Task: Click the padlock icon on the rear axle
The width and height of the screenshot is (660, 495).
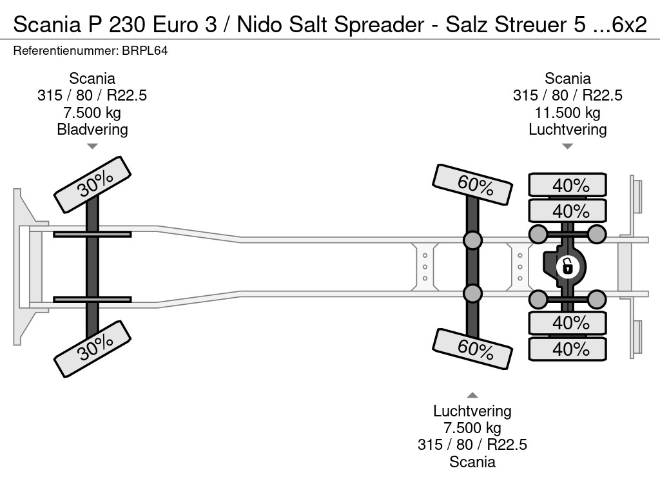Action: pos(567,267)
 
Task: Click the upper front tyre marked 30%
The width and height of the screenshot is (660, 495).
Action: pos(93,184)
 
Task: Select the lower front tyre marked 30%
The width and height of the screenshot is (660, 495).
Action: pos(93,349)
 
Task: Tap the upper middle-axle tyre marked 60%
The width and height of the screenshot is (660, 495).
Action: pos(472,184)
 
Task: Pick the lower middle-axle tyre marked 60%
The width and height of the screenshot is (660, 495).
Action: pos(472,349)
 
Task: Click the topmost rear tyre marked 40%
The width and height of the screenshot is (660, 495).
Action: pos(567,185)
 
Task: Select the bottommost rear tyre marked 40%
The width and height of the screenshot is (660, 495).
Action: pos(567,349)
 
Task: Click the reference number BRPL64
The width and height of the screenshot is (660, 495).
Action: pos(145,51)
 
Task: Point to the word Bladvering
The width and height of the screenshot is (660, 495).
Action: pos(93,130)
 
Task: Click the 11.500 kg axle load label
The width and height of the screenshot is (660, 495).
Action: pos(567,113)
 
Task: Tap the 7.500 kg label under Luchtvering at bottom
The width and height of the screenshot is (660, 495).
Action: pos(472,428)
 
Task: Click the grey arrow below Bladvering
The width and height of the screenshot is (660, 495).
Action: pos(92,146)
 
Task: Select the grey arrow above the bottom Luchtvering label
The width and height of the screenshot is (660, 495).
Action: pos(472,395)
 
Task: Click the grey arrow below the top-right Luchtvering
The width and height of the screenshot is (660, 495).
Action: pos(567,146)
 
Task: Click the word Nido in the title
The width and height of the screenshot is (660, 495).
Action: pos(260,25)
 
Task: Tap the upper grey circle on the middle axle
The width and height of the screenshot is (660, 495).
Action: pos(472,240)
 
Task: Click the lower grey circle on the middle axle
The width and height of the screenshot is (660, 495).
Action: pos(472,293)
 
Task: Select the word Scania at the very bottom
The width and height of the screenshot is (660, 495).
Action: pos(472,462)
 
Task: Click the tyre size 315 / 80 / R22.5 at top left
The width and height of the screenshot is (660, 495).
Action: pos(92,95)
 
